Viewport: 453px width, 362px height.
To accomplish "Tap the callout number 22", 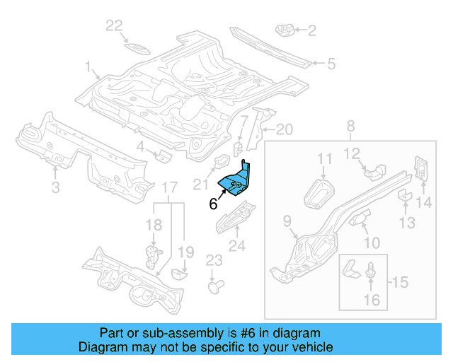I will click(115, 26).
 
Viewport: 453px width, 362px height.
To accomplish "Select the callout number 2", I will click(312, 30).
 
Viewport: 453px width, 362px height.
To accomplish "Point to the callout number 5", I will click(331, 64).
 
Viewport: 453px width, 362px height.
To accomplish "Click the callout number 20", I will click(284, 129).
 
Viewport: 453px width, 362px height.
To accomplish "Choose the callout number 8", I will click(350, 127).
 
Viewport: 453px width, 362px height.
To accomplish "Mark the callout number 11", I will click(324, 160).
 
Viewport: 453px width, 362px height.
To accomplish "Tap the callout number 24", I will click(236, 246).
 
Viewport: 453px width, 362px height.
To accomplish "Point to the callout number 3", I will click(55, 187).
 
